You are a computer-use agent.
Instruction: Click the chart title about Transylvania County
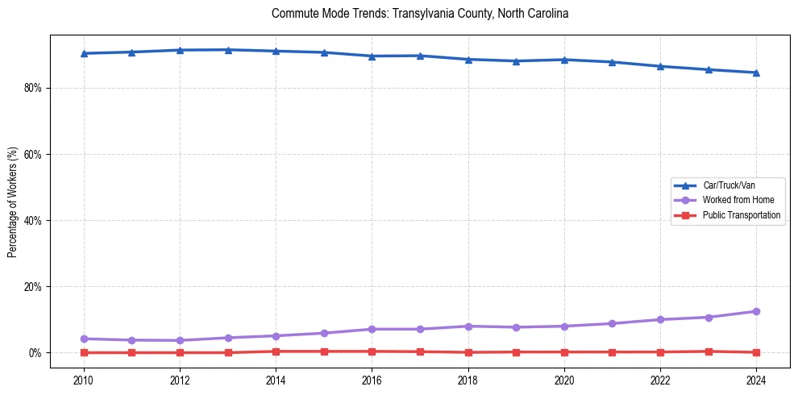420,14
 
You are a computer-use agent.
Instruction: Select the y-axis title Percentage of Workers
12,202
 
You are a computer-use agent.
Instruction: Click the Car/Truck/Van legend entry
729,185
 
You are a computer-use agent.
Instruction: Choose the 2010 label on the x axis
83,379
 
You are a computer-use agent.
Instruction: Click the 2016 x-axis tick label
372,379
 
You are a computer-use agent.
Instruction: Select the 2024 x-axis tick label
756,379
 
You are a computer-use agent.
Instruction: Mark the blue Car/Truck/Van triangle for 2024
756,73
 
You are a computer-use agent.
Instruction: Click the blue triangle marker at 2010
83,53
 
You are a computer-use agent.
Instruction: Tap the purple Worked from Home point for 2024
756,311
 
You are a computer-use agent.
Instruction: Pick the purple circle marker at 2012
180,340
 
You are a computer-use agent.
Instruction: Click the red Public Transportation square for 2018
468,352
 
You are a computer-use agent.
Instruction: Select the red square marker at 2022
660,352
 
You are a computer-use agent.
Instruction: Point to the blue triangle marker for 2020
564,60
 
